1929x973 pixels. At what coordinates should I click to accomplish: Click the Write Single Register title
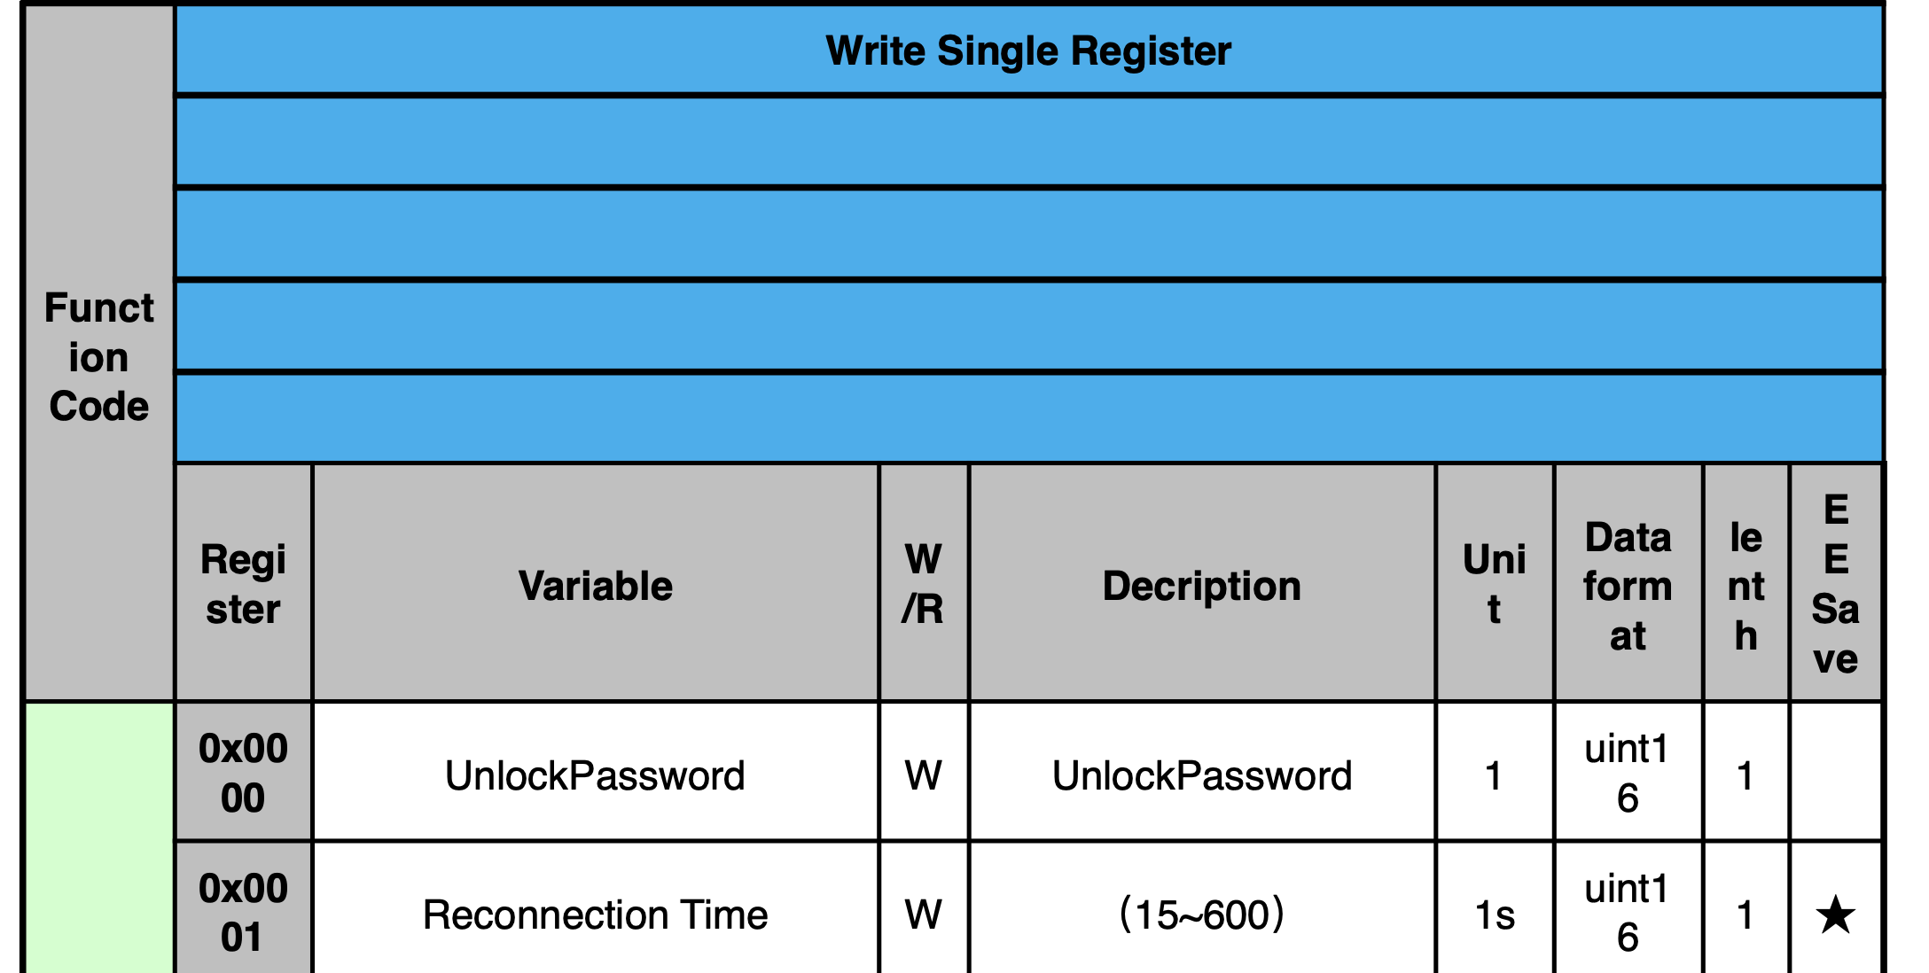1028,51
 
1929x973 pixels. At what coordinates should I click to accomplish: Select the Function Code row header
98,356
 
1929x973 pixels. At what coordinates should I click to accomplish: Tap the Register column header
243,584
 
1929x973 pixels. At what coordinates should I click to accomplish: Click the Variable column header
596,586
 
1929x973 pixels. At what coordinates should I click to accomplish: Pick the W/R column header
923,584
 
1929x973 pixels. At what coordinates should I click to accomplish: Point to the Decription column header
1201,586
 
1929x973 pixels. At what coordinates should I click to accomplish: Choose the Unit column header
1494,584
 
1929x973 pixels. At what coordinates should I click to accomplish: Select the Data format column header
1628,586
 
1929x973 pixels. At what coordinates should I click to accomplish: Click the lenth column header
1745,586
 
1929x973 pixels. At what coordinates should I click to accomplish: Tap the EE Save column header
1835,584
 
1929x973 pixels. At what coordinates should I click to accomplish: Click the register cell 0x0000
243,773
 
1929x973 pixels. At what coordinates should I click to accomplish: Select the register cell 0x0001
243,913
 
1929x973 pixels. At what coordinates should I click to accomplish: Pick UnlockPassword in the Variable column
595,775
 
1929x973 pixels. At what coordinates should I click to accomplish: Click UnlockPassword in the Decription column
1201,775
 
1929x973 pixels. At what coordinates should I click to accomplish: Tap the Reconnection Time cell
595,915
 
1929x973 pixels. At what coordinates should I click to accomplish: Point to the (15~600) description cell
1201,915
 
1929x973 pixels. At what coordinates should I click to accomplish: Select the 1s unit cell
1494,915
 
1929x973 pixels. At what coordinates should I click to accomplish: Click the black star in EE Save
1835,915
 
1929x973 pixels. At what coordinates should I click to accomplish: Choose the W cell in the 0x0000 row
923,775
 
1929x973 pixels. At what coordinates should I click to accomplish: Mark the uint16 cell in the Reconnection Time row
1628,913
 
